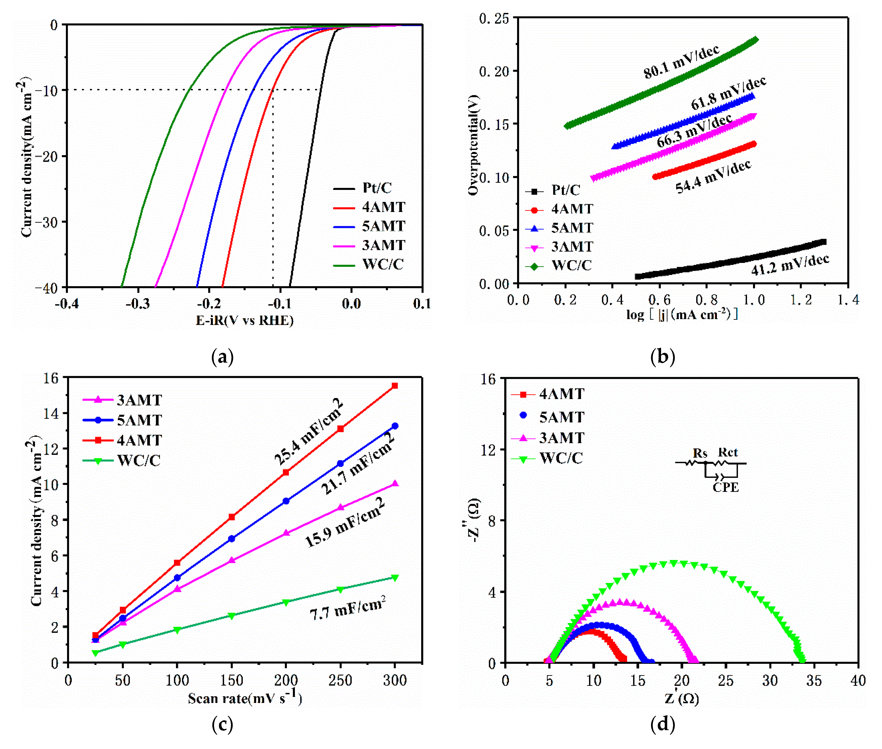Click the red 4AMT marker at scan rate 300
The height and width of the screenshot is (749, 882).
tap(395, 386)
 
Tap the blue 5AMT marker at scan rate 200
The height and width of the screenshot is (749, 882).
tap(286, 501)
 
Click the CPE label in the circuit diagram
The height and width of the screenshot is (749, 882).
tap(725, 487)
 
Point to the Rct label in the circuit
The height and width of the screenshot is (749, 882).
tap(727, 452)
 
